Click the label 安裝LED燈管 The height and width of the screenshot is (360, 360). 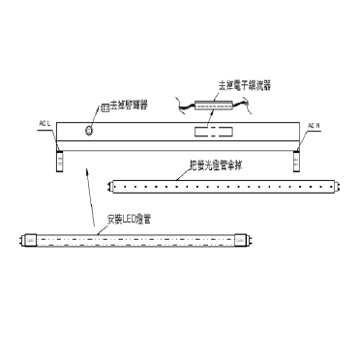tap(126, 219)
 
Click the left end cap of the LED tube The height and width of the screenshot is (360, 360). tap(32, 237)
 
